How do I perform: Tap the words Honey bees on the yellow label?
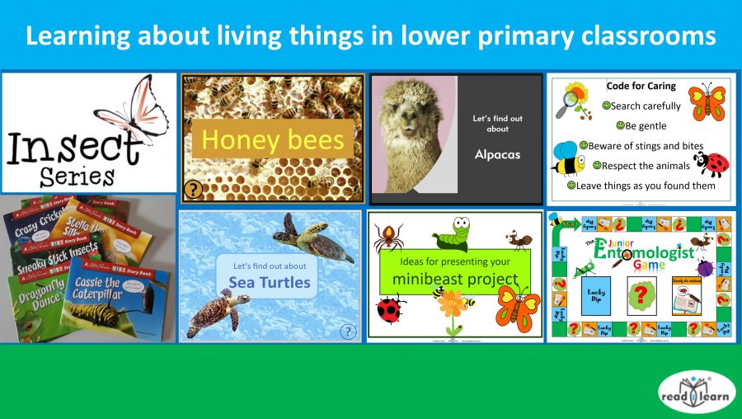(x=272, y=139)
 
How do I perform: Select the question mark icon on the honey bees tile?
(x=193, y=190)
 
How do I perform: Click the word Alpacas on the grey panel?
(x=497, y=154)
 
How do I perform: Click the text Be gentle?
(x=646, y=126)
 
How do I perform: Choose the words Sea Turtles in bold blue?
(x=270, y=283)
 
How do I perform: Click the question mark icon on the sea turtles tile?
(x=348, y=331)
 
